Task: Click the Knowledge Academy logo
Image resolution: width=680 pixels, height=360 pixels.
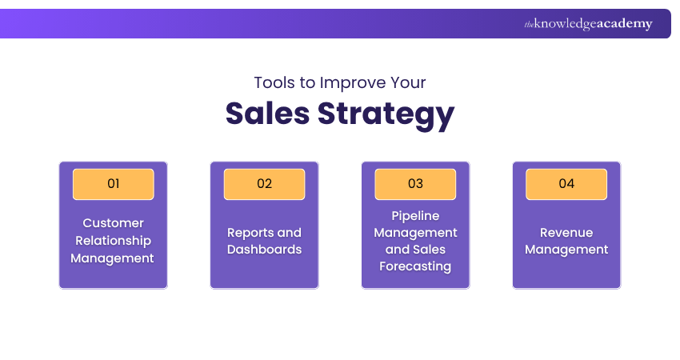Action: click(x=588, y=24)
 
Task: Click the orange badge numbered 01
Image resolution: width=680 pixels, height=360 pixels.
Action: click(x=113, y=184)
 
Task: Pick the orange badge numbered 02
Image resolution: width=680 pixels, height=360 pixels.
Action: click(x=264, y=184)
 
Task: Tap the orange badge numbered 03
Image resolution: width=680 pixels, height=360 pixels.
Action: click(x=415, y=184)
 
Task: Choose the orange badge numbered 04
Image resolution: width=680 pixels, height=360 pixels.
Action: click(x=566, y=184)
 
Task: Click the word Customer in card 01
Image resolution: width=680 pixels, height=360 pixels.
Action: click(x=113, y=223)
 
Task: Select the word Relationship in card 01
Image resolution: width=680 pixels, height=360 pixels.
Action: click(x=113, y=241)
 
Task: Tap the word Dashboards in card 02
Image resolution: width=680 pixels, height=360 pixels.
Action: click(x=264, y=250)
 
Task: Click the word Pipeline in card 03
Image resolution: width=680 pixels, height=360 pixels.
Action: click(x=415, y=216)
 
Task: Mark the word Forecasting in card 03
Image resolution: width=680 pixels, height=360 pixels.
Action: click(x=415, y=266)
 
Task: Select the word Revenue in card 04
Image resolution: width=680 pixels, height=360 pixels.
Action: click(x=566, y=233)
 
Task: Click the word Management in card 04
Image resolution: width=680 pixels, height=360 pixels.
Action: click(x=566, y=250)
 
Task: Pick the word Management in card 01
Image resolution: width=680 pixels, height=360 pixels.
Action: click(x=113, y=258)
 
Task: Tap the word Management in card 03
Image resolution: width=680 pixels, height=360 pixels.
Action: click(x=415, y=233)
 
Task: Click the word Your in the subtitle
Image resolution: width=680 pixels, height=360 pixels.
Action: click(x=409, y=82)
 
